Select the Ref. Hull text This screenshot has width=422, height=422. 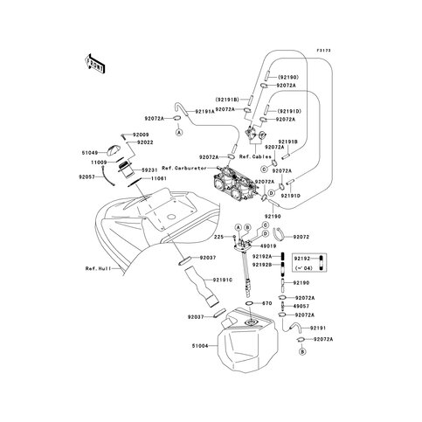98,268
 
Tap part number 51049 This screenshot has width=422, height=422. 96,150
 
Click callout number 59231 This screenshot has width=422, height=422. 146,169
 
